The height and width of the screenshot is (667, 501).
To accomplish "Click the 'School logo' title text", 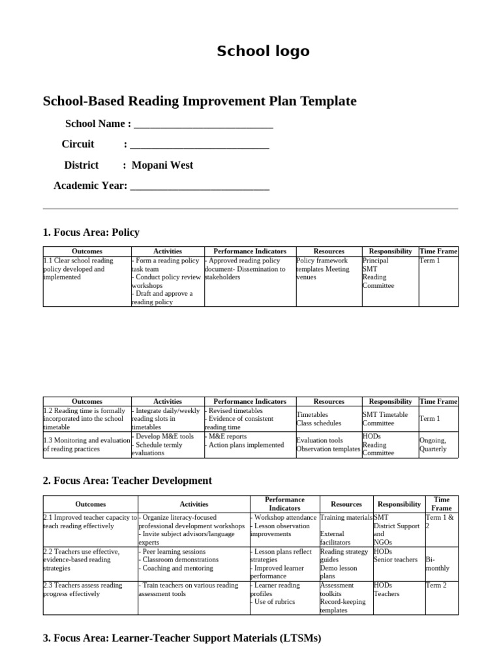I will tap(263, 51).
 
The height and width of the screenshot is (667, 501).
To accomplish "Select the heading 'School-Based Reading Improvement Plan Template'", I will tap(200, 101).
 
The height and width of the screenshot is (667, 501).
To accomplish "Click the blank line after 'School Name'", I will tap(202, 124).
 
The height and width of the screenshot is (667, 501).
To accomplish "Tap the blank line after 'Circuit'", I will tap(200, 145).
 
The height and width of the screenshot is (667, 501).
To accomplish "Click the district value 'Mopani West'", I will tap(162, 165).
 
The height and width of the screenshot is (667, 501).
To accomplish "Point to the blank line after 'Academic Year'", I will tap(200, 186).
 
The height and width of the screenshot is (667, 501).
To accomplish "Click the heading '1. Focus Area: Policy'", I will tap(91, 233).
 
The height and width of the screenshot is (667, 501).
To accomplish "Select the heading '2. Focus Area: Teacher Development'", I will tap(127, 481).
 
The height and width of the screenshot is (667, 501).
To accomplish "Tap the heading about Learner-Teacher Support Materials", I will tap(182, 639).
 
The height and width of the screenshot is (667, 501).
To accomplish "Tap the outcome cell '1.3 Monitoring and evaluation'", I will tap(86, 444).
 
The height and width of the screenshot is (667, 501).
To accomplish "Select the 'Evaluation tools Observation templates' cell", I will tap(328, 445).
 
